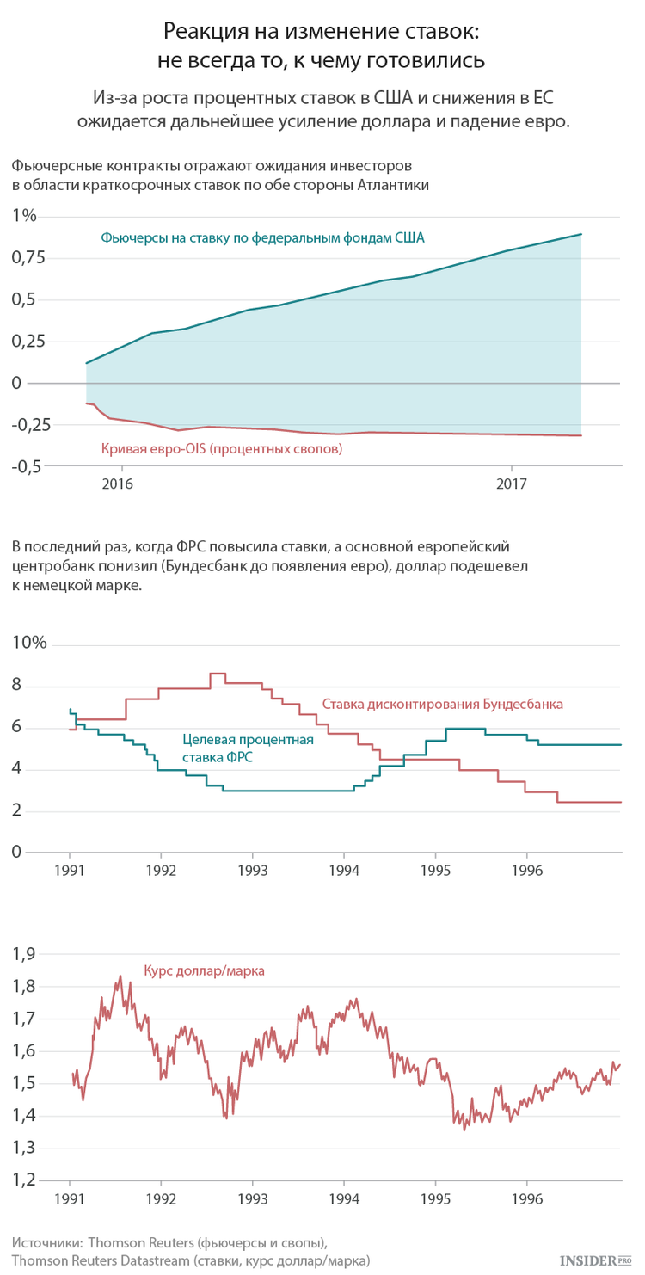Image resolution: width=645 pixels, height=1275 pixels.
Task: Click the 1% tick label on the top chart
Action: point(24,216)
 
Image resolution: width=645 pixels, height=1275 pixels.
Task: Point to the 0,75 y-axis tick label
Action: point(28,258)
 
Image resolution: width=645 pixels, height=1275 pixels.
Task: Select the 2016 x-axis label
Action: point(117,484)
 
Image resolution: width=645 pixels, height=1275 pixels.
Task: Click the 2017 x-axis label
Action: point(512,484)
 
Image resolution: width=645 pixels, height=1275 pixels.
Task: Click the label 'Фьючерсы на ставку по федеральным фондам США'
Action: point(263,237)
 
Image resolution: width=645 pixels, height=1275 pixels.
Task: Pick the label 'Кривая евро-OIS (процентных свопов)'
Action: point(222,449)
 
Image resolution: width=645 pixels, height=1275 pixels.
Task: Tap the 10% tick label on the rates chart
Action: point(29,643)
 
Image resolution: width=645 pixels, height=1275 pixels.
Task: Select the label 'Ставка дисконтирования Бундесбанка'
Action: point(443,704)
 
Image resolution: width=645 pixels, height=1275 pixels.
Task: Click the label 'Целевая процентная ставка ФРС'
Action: point(248,748)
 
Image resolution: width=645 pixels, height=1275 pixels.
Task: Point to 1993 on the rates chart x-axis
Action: point(253,871)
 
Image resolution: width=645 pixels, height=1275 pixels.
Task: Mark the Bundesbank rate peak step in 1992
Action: point(218,674)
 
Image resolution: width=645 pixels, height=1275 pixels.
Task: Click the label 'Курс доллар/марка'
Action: point(204,970)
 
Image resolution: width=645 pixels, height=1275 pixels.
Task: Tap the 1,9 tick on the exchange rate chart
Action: point(24,953)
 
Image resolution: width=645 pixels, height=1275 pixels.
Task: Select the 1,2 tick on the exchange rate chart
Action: point(24,1180)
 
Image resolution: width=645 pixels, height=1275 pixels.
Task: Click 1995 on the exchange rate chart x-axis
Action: point(436,1199)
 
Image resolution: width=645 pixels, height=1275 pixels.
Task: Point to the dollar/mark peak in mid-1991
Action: point(120,976)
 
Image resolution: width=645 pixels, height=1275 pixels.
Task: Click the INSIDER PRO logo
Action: point(596,1260)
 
